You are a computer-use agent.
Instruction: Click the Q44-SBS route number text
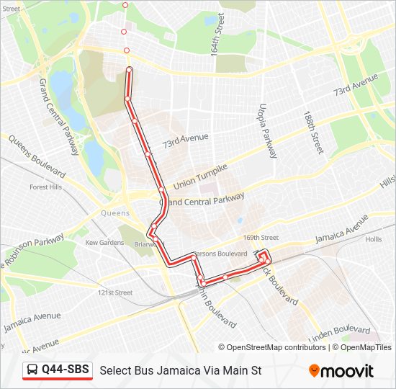[66, 370]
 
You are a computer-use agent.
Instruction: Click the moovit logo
[341, 371]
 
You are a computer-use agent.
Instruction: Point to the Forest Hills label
[45, 187]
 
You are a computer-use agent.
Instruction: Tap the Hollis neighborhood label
[374, 238]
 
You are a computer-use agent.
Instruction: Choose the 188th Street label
[314, 133]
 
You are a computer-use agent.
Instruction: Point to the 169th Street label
[261, 237]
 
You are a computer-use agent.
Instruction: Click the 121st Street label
[115, 292]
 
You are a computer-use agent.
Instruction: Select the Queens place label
[115, 213]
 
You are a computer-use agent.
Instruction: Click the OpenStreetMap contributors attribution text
[276, 347]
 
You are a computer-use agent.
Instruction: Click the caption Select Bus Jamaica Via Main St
[180, 371]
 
